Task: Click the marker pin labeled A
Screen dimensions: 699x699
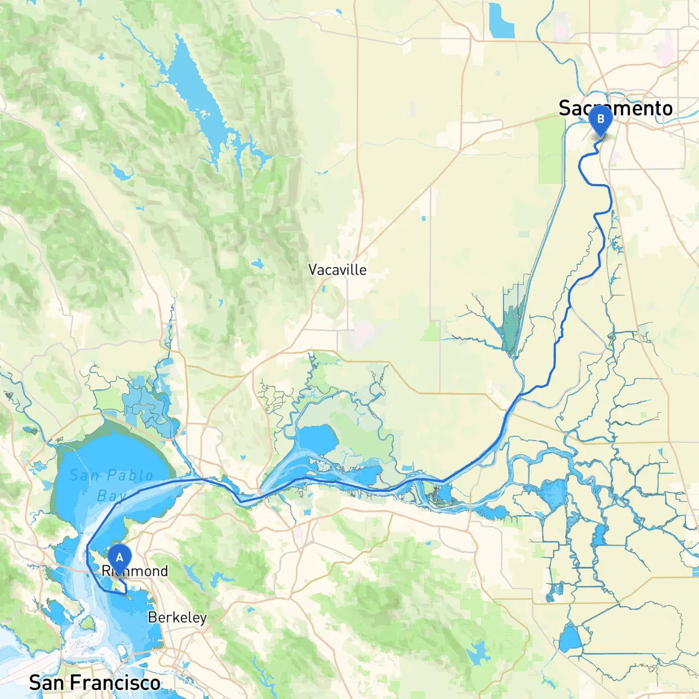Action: (x=120, y=558)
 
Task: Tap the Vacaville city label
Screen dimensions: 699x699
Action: (x=337, y=270)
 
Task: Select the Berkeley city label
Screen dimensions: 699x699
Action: (x=177, y=618)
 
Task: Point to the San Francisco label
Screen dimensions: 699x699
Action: (x=94, y=683)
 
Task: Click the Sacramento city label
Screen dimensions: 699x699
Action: (x=615, y=108)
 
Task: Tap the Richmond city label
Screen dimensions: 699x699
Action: (x=135, y=571)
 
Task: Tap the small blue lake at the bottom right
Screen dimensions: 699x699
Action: (x=569, y=639)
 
